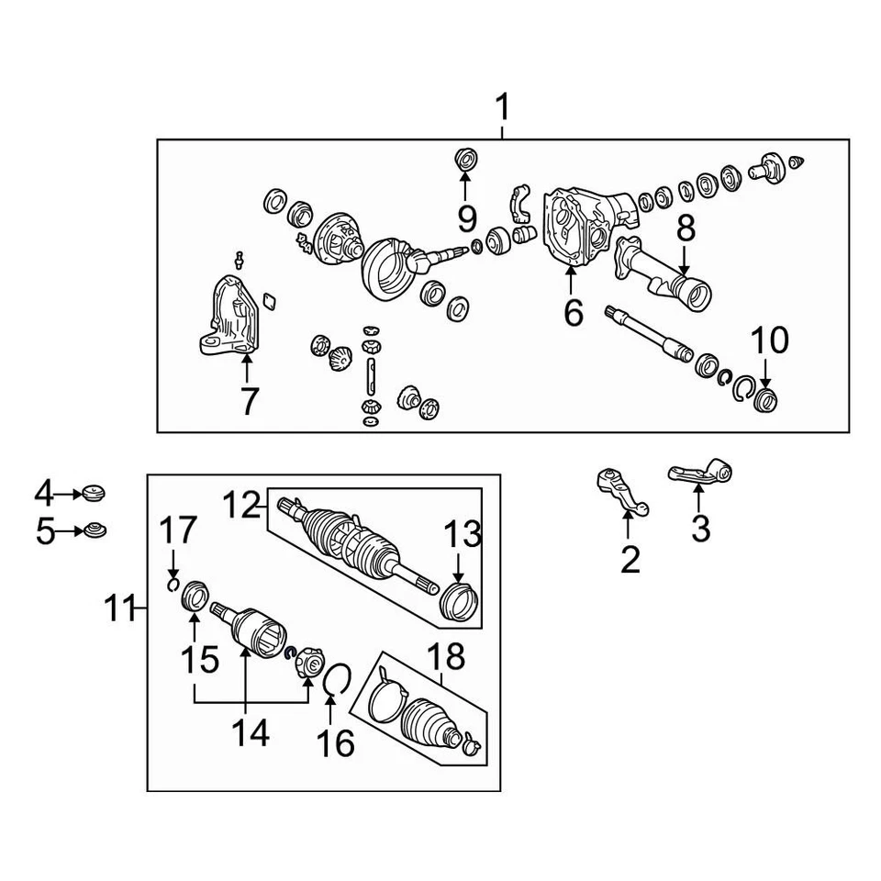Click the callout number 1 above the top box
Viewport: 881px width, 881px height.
coord(502,108)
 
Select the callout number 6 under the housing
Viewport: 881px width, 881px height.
coord(573,313)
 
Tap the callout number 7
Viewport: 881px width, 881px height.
coord(249,401)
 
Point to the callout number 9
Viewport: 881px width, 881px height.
coord(466,218)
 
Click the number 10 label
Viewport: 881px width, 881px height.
coord(770,340)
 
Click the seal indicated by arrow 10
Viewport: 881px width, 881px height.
coord(764,400)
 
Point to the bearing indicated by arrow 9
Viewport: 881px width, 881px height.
coord(465,159)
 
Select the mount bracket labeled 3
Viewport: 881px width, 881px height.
coord(702,473)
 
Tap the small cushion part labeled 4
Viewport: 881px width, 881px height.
coord(95,493)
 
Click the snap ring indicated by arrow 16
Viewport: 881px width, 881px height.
coord(336,680)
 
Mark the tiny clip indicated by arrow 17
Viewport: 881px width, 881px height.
coord(173,585)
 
